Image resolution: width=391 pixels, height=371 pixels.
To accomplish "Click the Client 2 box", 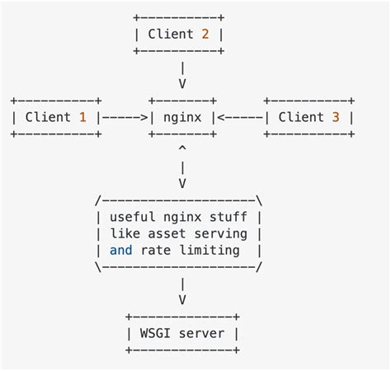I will point(179,34).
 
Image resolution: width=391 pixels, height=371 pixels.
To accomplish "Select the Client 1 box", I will point(55,117).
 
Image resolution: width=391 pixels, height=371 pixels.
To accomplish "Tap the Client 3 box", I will point(309,117).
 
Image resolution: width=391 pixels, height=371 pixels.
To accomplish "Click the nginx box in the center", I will point(181,117).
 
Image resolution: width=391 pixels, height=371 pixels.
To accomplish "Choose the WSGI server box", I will point(182,334).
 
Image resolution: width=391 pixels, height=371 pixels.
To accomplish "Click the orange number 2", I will point(204,34).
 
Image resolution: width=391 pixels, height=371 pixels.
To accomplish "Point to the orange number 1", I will point(82,117).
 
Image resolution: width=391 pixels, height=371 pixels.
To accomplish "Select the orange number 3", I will point(335,117).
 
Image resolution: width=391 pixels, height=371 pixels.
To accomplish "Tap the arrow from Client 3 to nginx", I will point(239,117).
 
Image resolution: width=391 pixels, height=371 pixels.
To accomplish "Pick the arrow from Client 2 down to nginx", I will point(181,75).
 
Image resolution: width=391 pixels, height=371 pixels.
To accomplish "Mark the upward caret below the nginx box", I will point(181,149).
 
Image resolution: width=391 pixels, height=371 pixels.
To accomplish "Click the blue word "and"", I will point(120,250).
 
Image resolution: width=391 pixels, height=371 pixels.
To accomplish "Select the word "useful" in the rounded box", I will point(132,217).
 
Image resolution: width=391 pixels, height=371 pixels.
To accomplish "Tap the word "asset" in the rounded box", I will point(165,233).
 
